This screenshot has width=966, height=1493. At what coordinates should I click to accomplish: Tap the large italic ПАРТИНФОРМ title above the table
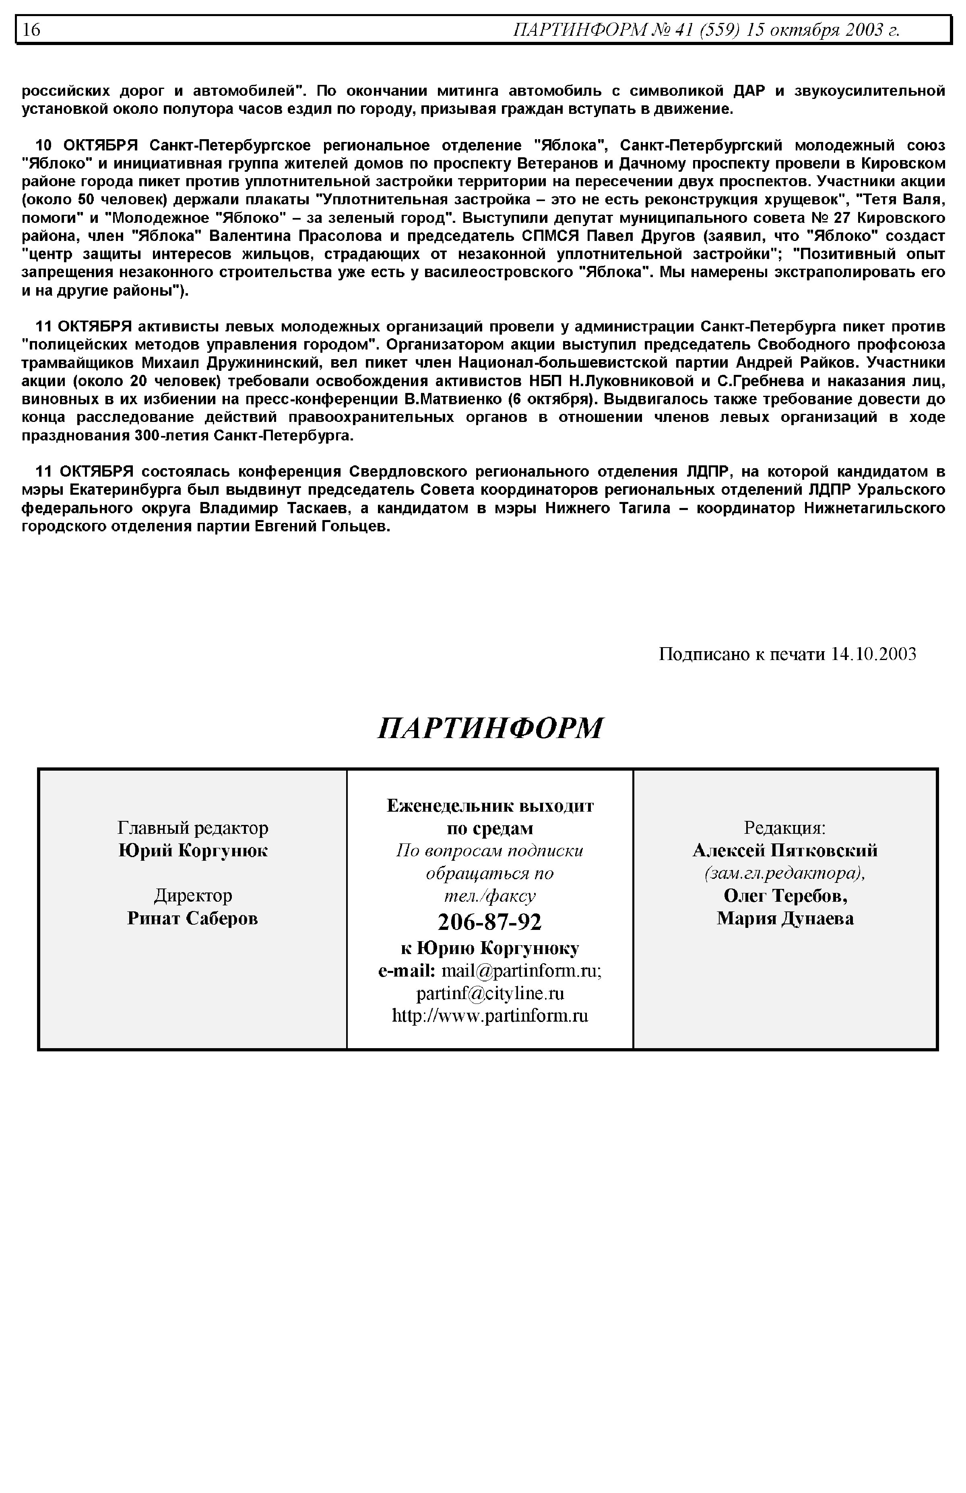point(490,728)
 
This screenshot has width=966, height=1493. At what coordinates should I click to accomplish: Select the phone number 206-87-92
point(490,922)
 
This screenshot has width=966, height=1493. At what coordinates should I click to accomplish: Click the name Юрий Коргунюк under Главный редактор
point(193,851)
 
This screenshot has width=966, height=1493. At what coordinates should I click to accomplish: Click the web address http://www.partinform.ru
point(490,1016)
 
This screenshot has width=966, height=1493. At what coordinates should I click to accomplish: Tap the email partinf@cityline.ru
point(490,993)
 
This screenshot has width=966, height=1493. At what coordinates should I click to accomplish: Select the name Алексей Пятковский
point(785,851)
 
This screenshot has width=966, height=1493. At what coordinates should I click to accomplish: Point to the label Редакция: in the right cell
point(785,828)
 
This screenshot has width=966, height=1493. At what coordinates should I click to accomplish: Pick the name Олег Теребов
point(785,896)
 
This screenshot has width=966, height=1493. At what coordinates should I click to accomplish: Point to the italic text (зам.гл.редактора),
point(785,873)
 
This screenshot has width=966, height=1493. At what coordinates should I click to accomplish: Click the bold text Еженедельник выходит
point(490,805)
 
